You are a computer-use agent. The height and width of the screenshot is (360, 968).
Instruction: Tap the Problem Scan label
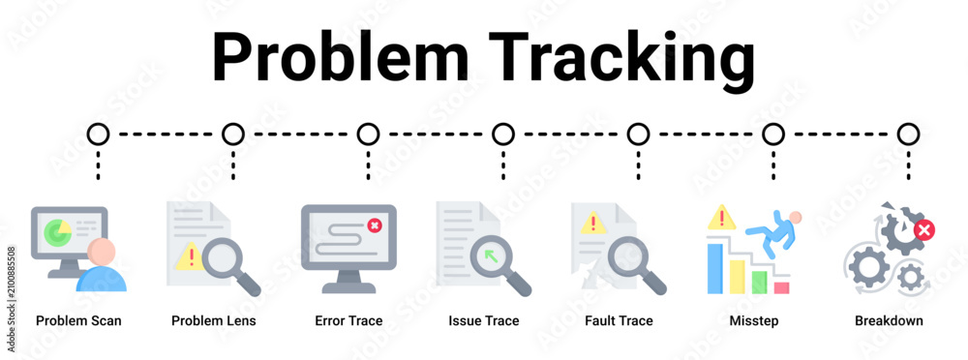tap(78, 320)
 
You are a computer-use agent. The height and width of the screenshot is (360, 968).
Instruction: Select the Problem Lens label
tap(214, 320)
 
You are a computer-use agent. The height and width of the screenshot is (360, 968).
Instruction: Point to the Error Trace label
tap(348, 320)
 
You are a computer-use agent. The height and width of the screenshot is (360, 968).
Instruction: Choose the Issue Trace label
tap(484, 320)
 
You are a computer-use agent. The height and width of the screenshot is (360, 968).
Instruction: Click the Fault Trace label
tap(619, 320)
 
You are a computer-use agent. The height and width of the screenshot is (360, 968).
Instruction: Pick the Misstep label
tap(754, 320)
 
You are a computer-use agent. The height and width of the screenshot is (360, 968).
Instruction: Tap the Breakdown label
tap(889, 320)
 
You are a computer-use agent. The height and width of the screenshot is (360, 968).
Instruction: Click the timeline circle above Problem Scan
tap(98, 134)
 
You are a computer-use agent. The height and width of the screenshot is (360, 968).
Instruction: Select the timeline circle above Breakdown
tap(908, 134)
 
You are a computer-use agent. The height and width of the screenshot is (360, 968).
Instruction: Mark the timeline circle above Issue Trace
tap(503, 134)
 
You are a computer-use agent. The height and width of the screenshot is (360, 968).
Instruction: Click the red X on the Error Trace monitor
tap(374, 225)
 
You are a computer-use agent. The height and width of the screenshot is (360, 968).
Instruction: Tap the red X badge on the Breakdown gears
tap(924, 231)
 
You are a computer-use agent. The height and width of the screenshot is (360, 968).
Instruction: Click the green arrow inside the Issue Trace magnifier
tap(492, 255)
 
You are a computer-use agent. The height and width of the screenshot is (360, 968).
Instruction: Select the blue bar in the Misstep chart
tap(715, 269)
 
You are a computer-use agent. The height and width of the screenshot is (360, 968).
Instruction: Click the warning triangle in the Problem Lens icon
tap(189, 256)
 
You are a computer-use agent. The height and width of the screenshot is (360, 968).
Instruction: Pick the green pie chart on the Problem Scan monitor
tap(57, 231)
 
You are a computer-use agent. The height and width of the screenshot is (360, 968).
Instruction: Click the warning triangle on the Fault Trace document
tap(593, 223)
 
